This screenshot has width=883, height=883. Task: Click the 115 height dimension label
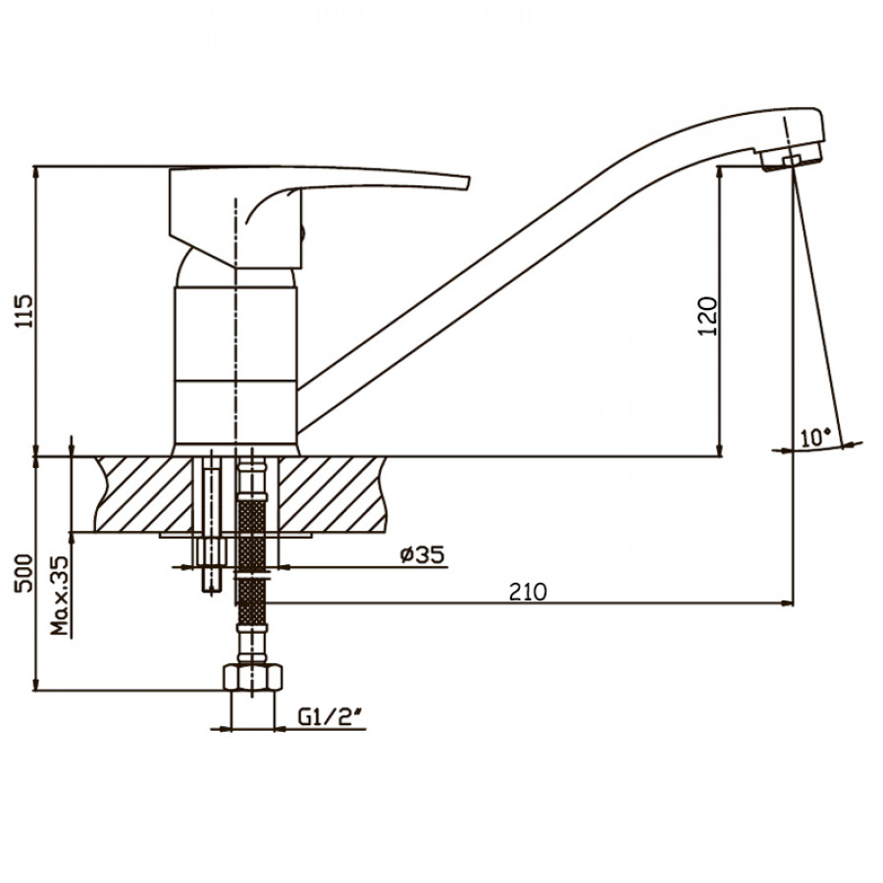[x=25, y=311]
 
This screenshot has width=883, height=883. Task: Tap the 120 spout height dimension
[x=707, y=317]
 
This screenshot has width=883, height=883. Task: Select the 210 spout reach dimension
[x=528, y=592]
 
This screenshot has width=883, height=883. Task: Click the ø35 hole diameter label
[x=422, y=555]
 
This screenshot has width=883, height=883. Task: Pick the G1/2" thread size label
[x=331, y=717]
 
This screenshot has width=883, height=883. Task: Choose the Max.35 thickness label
[x=60, y=596]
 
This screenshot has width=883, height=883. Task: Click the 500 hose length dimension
[x=25, y=572]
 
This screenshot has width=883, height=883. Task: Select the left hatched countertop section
[x=143, y=493]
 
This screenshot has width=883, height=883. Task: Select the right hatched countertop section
[x=333, y=493]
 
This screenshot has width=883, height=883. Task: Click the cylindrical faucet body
[x=235, y=366]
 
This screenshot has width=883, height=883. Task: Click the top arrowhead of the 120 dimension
[x=720, y=173]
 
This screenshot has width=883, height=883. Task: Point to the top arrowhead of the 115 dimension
[x=36, y=173]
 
